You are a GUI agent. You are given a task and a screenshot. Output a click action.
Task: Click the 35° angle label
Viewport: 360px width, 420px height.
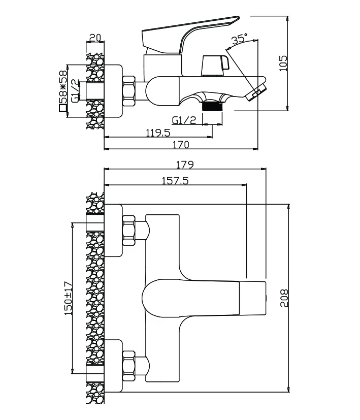coord(240,39)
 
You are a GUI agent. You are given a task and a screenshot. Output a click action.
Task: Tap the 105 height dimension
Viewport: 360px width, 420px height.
coord(283,63)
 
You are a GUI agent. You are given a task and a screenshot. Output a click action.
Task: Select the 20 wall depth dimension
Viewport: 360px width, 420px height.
coord(95,38)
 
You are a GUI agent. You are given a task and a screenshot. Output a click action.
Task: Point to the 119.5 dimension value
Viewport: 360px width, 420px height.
coord(158,133)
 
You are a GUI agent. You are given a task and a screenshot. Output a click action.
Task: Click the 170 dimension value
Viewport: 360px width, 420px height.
coord(181,145)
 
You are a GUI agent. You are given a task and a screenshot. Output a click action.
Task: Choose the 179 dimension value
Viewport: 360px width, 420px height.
coord(185,165)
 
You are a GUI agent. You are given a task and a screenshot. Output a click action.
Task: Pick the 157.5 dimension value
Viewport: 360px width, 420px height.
coord(175,181)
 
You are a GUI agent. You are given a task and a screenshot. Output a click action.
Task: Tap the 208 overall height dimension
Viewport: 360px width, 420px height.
coord(284,298)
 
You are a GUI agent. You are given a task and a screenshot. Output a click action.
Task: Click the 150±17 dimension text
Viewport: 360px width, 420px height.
coord(69,298)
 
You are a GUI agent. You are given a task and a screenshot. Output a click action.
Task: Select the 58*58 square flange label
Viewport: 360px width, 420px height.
coord(62,87)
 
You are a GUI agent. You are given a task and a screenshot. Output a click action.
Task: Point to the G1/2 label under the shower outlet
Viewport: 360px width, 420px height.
coord(184,120)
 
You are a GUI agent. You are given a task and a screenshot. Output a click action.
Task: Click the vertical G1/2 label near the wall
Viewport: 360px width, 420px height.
coord(75,90)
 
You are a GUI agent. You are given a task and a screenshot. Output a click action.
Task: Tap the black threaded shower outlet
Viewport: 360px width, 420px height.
coord(212,107)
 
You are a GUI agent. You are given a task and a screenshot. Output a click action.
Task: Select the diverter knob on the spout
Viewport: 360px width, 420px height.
coord(216,66)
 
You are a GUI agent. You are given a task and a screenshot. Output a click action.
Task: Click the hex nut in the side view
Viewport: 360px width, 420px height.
coord(129,91)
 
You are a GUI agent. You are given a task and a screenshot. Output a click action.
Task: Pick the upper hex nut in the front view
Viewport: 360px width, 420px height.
coord(129,231)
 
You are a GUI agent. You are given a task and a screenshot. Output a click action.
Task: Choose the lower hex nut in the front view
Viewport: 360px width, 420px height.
coord(129,366)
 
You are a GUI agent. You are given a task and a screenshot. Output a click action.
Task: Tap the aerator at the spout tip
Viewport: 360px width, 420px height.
coord(256,92)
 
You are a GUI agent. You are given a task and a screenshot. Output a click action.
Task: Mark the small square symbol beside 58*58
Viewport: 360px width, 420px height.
coord(62,108)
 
